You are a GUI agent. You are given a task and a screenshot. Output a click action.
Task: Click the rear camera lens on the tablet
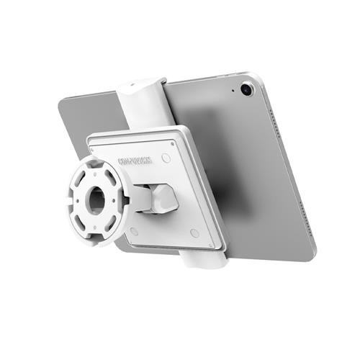[x=247, y=89]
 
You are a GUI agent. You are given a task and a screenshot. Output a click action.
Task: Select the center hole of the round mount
[x=96, y=200]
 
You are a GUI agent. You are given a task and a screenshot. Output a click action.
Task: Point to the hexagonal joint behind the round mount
[x=158, y=198]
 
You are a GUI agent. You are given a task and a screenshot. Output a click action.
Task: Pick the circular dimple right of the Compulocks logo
[x=166, y=156]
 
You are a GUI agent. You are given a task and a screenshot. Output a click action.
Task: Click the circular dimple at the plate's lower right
[x=194, y=233]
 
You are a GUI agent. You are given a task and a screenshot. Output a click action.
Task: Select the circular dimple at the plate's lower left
[x=134, y=231]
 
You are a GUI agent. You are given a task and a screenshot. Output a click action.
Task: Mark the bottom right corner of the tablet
[x=311, y=259]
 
